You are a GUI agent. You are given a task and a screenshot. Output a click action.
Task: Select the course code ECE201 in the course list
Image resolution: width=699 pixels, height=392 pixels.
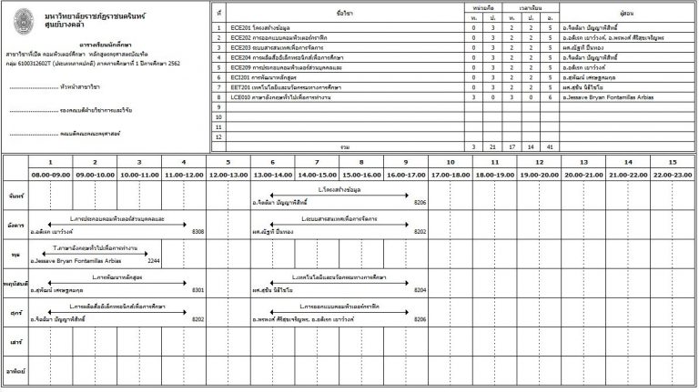point(241,28)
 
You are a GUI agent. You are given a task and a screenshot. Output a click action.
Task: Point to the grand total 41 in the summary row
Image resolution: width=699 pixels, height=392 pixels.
point(550,146)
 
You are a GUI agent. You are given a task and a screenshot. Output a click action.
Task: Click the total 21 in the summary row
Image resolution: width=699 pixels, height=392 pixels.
point(491,146)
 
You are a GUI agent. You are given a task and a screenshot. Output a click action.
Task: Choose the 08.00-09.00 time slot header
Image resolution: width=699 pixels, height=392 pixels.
point(51,174)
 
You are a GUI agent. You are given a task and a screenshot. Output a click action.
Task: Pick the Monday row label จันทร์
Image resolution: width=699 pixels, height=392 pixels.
point(15,196)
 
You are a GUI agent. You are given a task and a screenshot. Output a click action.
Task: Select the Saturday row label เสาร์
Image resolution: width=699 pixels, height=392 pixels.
point(15,345)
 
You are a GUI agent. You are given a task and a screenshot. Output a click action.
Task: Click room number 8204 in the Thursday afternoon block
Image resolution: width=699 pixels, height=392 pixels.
point(420,290)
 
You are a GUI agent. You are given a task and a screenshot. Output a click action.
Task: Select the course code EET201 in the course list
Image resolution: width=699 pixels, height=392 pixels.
point(241,86)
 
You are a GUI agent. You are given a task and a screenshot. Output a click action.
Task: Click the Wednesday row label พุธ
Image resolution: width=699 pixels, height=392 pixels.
point(15,256)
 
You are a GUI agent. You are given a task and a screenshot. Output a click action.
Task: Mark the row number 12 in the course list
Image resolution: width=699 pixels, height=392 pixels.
point(219,136)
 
